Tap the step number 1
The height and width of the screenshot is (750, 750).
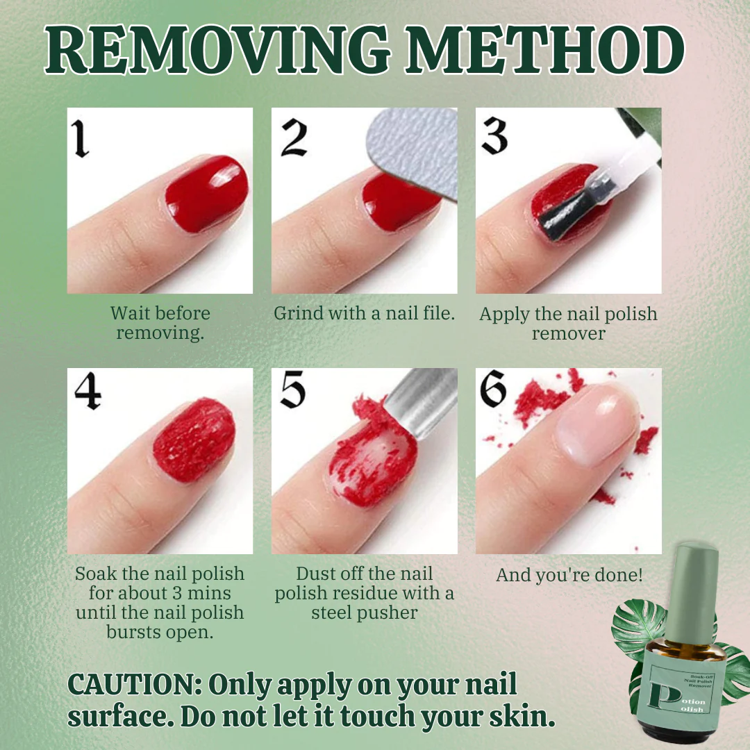point(82,137)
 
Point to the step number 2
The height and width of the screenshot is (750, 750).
point(294,137)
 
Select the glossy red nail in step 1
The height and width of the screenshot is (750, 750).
point(207,193)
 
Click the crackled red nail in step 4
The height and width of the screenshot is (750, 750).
point(194,439)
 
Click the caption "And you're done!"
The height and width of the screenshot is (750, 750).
point(569,575)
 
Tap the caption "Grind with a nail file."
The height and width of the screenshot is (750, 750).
point(364,313)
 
